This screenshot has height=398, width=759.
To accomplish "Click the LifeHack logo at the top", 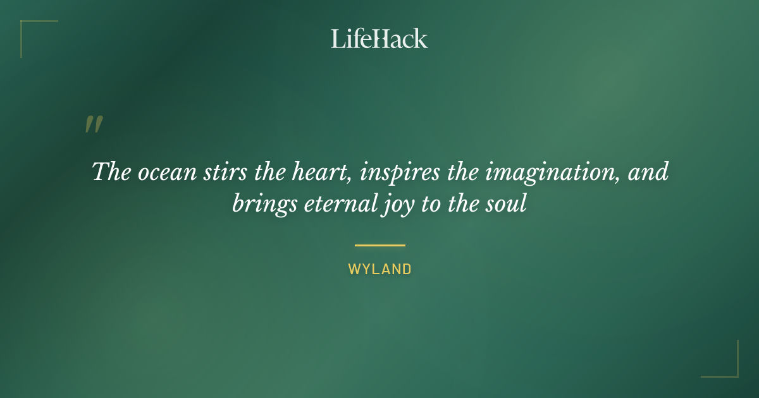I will click(379, 39).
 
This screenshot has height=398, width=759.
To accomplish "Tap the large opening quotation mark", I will click(94, 125).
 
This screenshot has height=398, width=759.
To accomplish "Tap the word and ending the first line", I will click(648, 172).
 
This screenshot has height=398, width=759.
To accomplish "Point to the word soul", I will click(507, 205).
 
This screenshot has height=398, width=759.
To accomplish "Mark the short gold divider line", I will click(379, 245).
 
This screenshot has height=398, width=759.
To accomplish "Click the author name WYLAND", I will click(379, 269).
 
